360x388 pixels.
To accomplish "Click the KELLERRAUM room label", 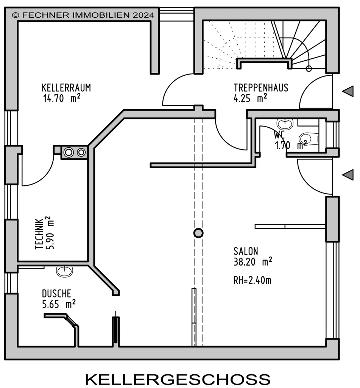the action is click(66, 88).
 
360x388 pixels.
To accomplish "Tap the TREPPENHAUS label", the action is click(261, 88).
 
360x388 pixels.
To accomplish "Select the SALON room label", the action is click(246, 251).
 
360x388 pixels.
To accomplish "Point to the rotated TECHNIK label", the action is click(40, 233).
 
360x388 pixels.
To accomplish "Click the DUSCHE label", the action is click(57, 294).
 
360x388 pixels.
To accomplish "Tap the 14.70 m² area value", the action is click(62, 98).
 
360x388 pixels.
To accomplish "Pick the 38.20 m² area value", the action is click(253, 261).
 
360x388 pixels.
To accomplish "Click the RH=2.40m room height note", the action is click(252, 280).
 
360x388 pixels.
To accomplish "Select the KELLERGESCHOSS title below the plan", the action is click(178, 379).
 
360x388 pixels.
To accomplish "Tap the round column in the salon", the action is click(198, 233).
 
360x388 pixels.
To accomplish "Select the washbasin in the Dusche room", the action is click(64, 271).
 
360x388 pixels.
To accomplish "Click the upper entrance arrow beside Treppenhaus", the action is click(348, 91).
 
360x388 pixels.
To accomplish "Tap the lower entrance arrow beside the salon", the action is click(348, 175).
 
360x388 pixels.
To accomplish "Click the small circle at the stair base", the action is click(309, 69).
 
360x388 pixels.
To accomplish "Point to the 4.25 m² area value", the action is click(250, 98).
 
